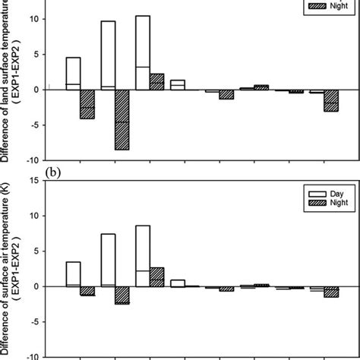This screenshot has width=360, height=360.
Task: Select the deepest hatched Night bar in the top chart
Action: point(122,119)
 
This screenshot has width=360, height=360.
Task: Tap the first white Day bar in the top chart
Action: point(73,73)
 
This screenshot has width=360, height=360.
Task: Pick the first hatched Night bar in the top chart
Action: point(87,104)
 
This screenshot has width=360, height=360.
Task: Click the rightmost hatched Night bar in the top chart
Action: point(330,100)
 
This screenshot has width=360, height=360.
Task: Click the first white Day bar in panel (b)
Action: point(73,274)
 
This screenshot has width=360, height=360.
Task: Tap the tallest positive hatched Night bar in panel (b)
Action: point(156,277)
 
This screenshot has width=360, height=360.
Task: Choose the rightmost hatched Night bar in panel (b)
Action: point(330,292)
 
